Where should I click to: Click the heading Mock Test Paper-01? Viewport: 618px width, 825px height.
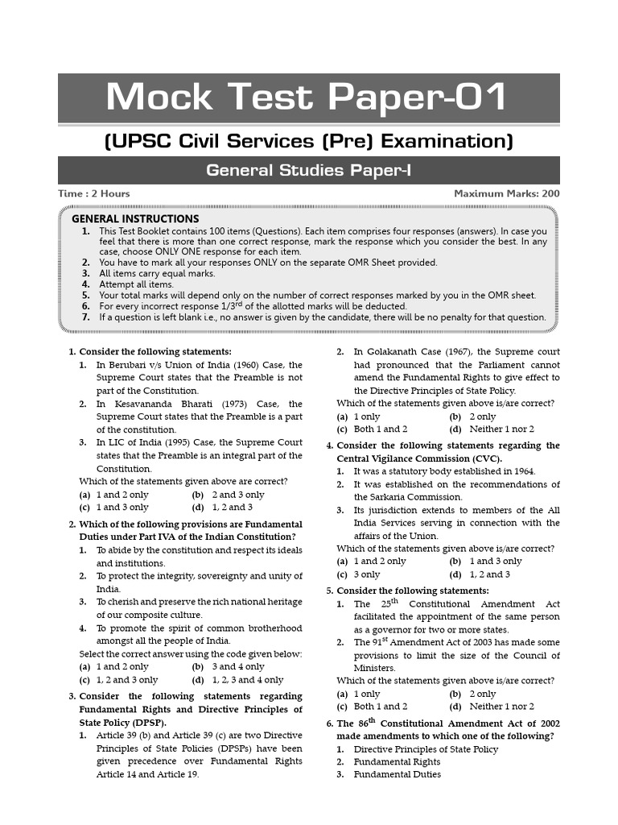(308, 98)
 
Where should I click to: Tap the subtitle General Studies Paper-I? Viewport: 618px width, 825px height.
(309, 170)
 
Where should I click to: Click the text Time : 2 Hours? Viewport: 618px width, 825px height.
(94, 193)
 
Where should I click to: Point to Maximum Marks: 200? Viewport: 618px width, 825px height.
(507, 193)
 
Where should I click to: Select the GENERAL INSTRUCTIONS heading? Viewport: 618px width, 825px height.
(135, 218)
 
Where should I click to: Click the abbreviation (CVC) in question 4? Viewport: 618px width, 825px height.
(484, 458)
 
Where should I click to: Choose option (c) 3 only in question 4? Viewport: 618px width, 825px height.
(359, 574)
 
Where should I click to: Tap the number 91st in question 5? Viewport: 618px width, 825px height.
(377, 641)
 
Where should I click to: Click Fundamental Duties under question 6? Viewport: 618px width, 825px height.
(398, 774)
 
